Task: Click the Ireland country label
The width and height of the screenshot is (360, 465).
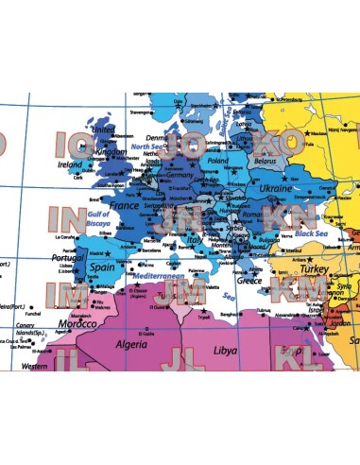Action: point(71,163)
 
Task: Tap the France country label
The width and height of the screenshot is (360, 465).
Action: point(124,205)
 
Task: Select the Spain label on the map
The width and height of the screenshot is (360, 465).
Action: point(101,267)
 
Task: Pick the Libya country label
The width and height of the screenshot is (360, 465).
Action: point(226,350)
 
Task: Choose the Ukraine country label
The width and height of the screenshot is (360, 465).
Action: point(276,189)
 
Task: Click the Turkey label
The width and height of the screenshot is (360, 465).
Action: point(312,268)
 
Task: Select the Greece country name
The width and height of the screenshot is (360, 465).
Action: point(249,281)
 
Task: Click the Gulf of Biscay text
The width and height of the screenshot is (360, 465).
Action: point(98,220)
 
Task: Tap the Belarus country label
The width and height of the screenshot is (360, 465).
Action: point(247,161)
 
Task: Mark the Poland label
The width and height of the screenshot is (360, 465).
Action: point(217,161)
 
